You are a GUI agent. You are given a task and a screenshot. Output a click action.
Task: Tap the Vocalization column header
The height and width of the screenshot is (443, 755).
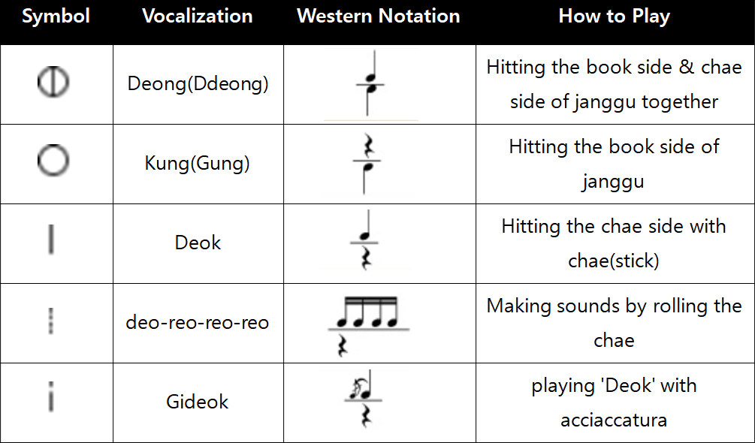(198, 16)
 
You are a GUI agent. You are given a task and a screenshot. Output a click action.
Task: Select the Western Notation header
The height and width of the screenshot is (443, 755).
(379, 16)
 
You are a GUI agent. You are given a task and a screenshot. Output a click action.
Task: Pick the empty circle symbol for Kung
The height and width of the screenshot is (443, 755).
(53, 145)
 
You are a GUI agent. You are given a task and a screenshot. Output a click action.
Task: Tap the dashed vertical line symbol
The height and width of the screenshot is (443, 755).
(51, 321)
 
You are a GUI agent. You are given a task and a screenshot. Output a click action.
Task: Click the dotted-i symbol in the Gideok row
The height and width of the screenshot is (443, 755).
(51, 397)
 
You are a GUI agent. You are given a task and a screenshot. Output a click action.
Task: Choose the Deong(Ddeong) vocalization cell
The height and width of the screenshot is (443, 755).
(198, 84)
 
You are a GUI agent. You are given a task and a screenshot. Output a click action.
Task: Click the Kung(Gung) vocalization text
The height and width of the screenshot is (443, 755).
(198, 164)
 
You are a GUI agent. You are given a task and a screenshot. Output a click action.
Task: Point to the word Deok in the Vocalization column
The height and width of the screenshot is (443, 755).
(198, 243)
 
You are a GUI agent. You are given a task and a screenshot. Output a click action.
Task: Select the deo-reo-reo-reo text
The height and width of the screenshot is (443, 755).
(198, 322)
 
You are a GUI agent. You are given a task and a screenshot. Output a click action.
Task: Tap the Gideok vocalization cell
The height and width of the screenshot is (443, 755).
(198, 402)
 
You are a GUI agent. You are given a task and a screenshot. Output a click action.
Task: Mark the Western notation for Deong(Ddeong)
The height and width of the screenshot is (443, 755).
(370, 83)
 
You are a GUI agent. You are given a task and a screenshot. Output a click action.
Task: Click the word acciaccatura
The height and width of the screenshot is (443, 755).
(614, 420)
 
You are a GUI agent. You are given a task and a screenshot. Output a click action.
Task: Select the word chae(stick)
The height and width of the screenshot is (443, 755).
(614, 261)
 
